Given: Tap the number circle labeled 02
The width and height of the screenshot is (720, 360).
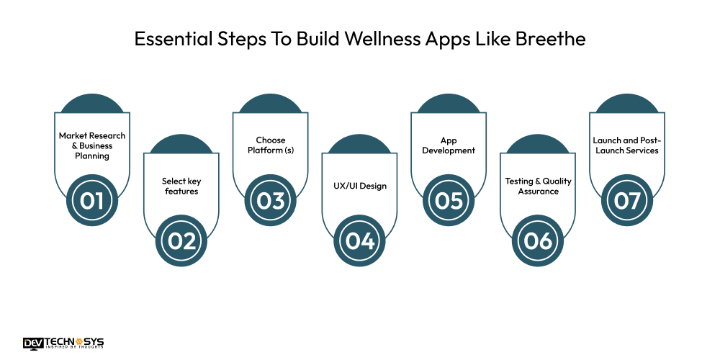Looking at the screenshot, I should point(181,241).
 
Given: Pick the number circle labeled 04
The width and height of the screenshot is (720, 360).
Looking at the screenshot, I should point(360,241).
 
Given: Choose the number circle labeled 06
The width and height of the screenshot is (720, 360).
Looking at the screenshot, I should point(538,241).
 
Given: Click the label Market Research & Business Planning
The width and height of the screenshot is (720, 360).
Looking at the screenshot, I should point(92,145).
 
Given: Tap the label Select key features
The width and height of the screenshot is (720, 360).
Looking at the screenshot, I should point(181,186).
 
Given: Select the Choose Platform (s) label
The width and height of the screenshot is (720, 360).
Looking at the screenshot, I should point(271,145).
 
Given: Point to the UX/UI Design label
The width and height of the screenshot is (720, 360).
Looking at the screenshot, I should point(360,186).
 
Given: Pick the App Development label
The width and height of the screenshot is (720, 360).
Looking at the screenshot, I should point(449,145).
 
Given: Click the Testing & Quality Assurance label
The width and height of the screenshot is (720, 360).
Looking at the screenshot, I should point(538,186).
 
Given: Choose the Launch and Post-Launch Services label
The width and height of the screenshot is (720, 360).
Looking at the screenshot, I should point(626,145).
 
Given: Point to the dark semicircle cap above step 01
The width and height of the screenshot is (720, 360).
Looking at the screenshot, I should point(92,105).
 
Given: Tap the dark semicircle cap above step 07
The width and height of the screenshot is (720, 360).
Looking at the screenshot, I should point(627,105).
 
